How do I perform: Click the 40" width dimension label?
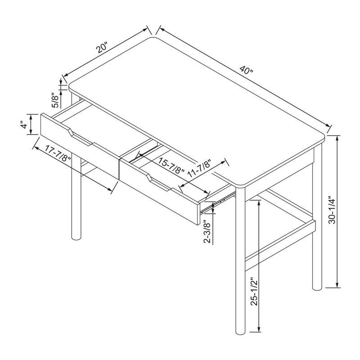pyautogui.click(x=247, y=71)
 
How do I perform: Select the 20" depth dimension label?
pyautogui.click(x=103, y=48)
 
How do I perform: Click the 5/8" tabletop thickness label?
pyautogui.click(x=55, y=100)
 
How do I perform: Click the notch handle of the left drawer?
pyautogui.click(x=79, y=137)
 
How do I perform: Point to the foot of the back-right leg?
pyautogui.click(x=317, y=285)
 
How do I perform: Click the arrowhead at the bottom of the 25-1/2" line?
pyautogui.click(x=259, y=329)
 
